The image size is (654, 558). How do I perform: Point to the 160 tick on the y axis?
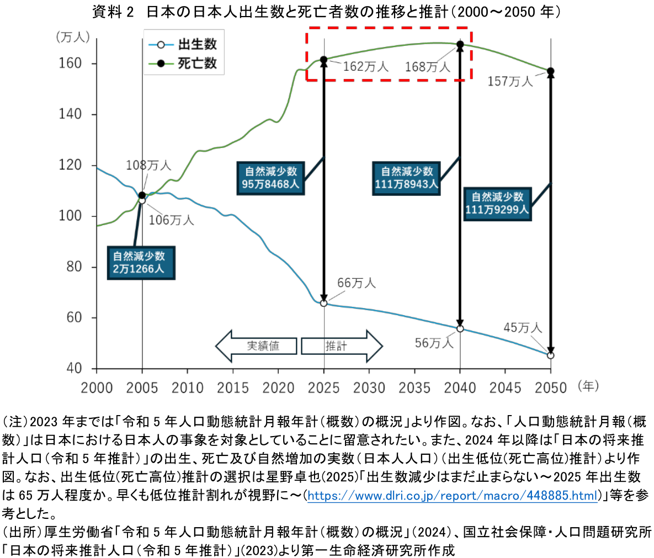click(70, 63)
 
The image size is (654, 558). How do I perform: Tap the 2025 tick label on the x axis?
click(323, 387)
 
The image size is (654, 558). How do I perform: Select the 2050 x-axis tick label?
click(551, 387)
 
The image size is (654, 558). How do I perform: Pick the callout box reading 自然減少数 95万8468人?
click(270, 178)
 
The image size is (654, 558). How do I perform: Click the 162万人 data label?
click(366, 67)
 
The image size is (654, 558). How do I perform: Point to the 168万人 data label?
click(428, 67)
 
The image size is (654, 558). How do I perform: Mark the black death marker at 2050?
click(550, 71)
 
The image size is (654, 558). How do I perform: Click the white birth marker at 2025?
click(323, 303)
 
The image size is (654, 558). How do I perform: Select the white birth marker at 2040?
click(460, 328)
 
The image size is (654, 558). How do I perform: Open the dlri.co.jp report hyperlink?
click(453, 496)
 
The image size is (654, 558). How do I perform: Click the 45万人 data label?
click(522, 328)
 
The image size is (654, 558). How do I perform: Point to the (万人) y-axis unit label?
click(72, 37)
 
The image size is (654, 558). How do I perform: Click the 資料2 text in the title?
click(113, 12)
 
